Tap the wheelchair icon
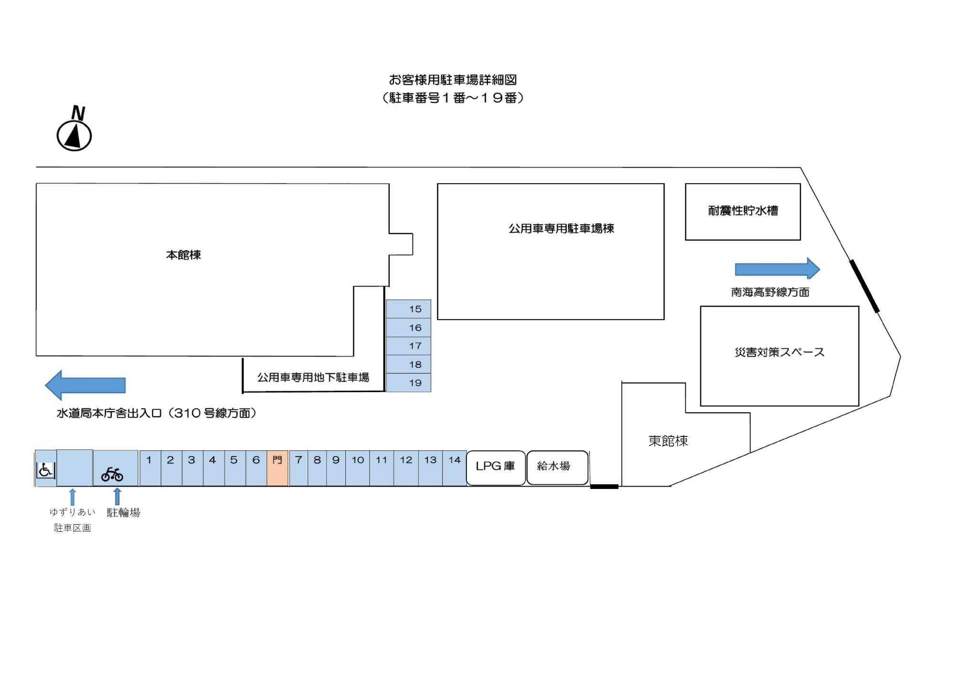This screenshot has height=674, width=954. tap(46, 470)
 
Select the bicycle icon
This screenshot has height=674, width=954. tap(112, 474)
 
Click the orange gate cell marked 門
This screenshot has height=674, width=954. tap(277, 468)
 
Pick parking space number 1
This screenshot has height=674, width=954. tap(150, 468)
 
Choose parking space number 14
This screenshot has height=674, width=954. tap(454, 468)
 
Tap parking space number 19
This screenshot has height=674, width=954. tap(409, 383)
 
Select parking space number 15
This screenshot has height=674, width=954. tap(409, 309)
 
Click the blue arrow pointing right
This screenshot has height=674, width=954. tap(777, 269)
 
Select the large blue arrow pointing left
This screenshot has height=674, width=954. tap(85, 385)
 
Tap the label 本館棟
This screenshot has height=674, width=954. tap(183, 255)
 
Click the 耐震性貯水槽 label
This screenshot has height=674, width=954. tap(743, 211)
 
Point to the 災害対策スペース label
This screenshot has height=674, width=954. tap(779, 353)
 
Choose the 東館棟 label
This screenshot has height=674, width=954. tap(668, 441)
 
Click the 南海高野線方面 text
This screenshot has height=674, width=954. tap(770, 292)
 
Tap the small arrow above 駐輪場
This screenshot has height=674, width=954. tap(117, 496)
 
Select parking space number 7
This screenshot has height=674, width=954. tap(299, 468)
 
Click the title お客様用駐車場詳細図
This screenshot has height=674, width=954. tap(453, 80)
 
